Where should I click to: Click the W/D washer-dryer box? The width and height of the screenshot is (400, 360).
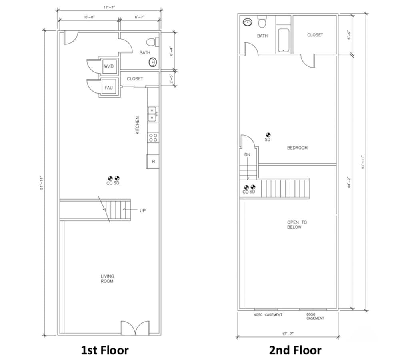[108, 66]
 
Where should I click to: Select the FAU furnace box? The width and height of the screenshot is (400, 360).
[108, 87]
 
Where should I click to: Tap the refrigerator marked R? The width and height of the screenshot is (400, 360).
[153, 162]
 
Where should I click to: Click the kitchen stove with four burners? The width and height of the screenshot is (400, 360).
[153, 138]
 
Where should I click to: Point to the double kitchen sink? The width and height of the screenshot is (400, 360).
[152, 114]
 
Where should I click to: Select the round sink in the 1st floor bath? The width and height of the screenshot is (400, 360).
[152, 62]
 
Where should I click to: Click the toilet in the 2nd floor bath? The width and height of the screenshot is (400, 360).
[262, 22]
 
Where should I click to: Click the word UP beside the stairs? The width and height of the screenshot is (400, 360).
[143, 210]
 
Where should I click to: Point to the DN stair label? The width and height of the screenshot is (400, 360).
[247, 154]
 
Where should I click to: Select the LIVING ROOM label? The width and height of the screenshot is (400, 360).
[107, 279]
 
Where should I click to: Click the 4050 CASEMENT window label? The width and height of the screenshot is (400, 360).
[268, 315]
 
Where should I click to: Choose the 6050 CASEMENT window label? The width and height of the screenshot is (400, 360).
[315, 316]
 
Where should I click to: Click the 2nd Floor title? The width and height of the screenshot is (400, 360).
[295, 350]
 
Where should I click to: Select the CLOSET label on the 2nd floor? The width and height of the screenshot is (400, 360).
[315, 35]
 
